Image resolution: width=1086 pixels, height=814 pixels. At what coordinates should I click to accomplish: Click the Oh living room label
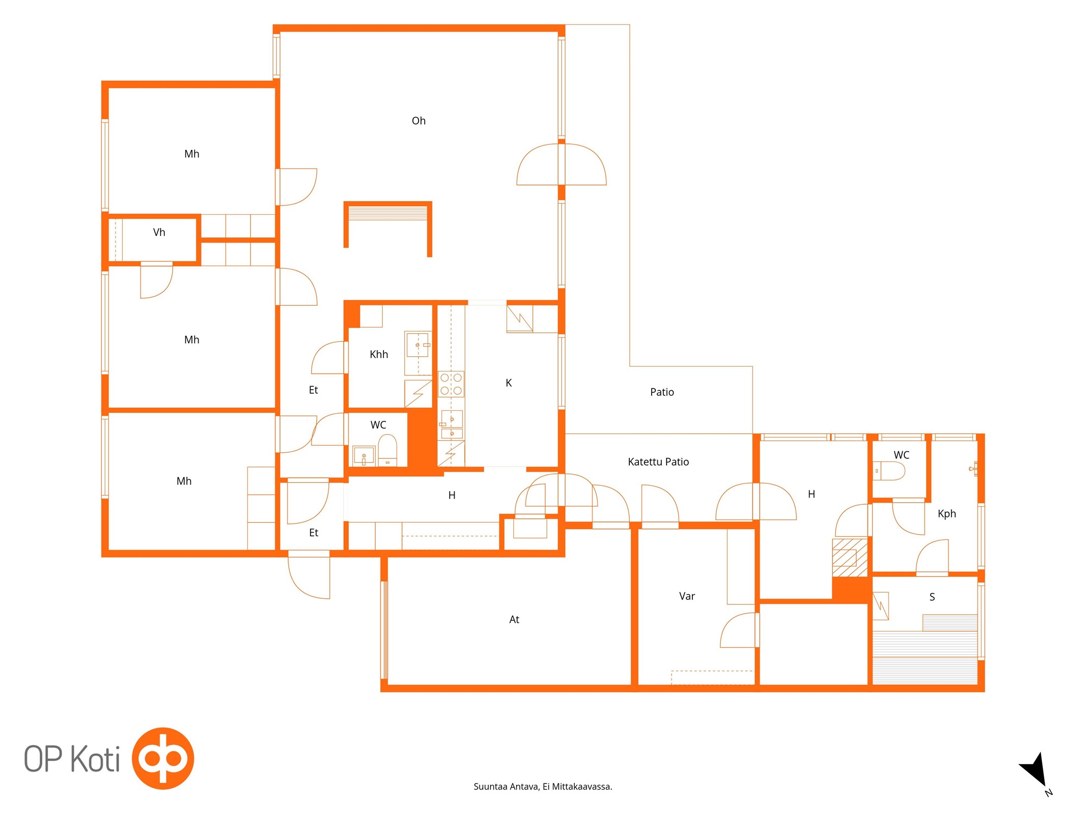click(x=419, y=121)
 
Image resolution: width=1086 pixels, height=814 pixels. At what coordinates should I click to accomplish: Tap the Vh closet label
click(x=159, y=232)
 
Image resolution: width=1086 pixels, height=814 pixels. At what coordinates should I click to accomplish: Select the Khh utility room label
click(x=379, y=355)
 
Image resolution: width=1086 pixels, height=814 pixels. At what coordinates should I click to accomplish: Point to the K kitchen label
click(x=509, y=383)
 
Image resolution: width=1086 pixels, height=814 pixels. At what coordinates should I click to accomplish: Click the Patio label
click(x=662, y=392)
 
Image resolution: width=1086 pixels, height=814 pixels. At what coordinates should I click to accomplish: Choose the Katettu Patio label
click(x=658, y=462)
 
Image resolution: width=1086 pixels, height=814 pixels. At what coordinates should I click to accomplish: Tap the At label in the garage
click(x=514, y=620)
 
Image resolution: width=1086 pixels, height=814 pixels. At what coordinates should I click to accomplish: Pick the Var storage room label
click(x=687, y=596)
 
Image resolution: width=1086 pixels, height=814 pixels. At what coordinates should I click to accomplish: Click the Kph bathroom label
click(x=947, y=514)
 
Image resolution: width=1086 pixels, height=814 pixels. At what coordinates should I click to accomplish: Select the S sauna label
click(x=932, y=597)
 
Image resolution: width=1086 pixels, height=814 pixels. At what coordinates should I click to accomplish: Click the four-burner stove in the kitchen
click(x=451, y=384)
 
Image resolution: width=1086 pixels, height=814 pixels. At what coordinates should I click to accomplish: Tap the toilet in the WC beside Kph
click(x=889, y=471)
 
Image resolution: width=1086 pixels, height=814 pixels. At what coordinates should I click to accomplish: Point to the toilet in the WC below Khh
click(x=387, y=450)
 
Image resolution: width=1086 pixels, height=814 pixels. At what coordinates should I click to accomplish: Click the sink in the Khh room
click(x=417, y=344)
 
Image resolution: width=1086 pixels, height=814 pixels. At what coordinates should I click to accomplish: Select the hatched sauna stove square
click(x=850, y=558)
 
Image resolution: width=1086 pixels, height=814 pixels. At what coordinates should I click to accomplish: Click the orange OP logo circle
click(x=163, y=759)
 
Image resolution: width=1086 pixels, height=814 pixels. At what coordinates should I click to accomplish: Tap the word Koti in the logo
click(x=95, y=759)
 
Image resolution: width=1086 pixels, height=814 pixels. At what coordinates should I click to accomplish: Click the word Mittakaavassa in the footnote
click(x=582, y=787)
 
